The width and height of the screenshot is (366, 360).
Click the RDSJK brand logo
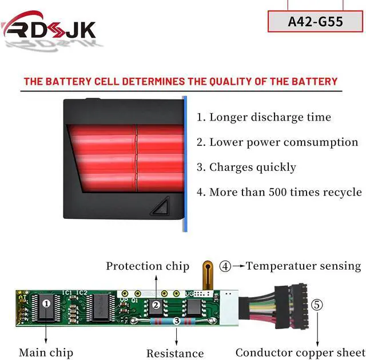[50, 29]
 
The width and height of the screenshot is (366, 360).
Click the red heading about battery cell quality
[181, 81]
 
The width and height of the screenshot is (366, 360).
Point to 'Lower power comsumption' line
[277, 142]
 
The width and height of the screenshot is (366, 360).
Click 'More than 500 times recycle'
[279, 192]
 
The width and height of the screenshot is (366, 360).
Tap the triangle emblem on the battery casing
[162, 206]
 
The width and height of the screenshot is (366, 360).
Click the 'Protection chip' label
[148, 266]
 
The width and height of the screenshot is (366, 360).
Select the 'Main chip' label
[46, 353]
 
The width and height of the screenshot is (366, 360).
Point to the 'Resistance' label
[175, 353]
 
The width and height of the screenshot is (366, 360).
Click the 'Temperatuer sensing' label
[303, 266]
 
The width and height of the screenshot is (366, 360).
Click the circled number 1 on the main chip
[46, 304]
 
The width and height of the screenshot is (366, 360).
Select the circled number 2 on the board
[154, 305]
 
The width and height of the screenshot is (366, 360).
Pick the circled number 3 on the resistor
[177, 322]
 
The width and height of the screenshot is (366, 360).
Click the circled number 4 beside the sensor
[226, 266]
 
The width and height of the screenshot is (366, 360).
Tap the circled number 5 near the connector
[316, 305]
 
